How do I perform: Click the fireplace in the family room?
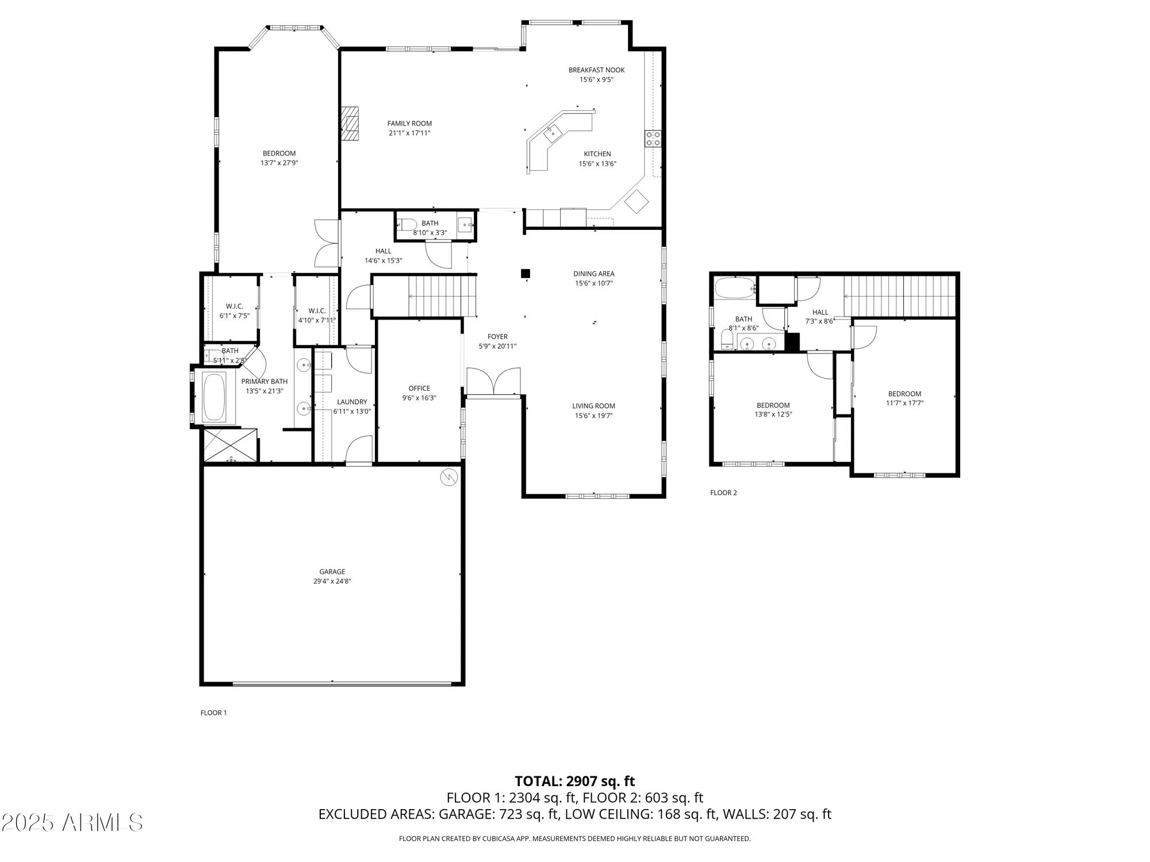350,123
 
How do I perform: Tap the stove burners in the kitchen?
653,138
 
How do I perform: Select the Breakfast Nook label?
596,70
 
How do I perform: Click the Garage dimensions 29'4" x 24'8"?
332,581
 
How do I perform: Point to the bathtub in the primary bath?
214,397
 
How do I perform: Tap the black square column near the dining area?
525,274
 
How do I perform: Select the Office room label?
419,388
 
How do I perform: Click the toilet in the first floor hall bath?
408,225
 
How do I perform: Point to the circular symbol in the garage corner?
448,477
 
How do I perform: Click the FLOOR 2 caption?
723,492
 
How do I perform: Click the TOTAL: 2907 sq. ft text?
574,781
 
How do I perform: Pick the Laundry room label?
352,402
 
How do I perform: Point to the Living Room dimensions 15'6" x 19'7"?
593,415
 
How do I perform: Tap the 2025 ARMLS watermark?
72,822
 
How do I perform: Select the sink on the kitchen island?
553,133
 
